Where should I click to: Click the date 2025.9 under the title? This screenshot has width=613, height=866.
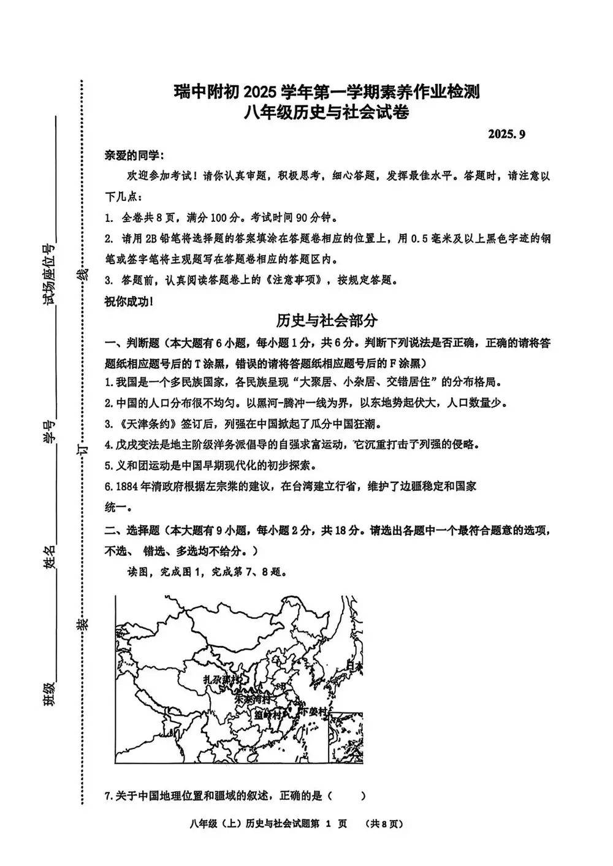point(507,134)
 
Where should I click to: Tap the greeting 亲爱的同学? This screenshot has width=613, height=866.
point(133,155)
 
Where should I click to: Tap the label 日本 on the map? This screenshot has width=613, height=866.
point(354,666)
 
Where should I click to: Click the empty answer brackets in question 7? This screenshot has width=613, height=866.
point(346,796)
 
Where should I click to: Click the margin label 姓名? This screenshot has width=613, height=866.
point(49,557)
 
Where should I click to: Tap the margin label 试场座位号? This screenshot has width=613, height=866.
point(49,273)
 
